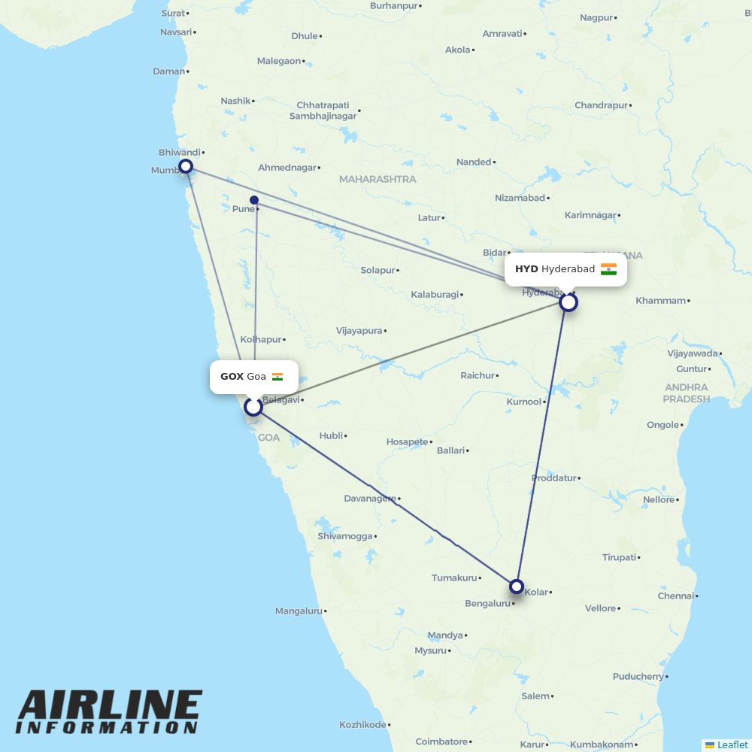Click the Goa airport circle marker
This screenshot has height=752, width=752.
(253, 406)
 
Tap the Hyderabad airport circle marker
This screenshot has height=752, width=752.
(569, 302)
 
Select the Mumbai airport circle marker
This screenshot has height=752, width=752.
(186, 166)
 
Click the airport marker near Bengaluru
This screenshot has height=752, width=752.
(516, 586)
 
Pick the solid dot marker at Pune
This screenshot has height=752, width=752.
(254, 200)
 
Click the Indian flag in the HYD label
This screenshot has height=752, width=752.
(608, 269)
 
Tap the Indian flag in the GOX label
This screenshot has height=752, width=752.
(277, 377)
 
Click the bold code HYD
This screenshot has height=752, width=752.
(526, 269)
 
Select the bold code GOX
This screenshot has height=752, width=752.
(232, 377)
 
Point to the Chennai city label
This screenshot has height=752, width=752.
(675, 596)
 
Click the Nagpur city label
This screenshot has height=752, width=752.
(596, 17)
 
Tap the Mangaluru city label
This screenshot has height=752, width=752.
(299, 611)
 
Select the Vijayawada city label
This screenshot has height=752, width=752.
(693, 353)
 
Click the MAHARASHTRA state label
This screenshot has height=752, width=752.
(377, 179)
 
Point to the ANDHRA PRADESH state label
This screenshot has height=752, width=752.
(686, 393)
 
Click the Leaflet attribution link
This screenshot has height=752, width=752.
(732, 744)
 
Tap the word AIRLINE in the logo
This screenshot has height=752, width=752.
(110, 707)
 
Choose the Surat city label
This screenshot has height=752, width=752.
(173, 13)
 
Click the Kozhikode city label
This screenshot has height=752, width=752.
(362, 724)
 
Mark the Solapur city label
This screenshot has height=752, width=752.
(378, 270)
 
